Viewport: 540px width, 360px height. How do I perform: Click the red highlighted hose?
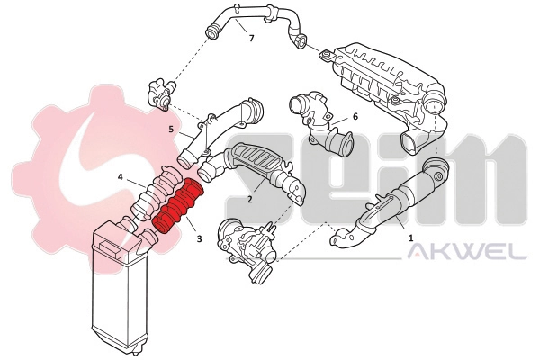click(177, 207)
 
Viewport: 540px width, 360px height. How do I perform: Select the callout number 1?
click(411, 238)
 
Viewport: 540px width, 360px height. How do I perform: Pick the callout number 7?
click(252, 40)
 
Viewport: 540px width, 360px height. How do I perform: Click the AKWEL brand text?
click(467, 253)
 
